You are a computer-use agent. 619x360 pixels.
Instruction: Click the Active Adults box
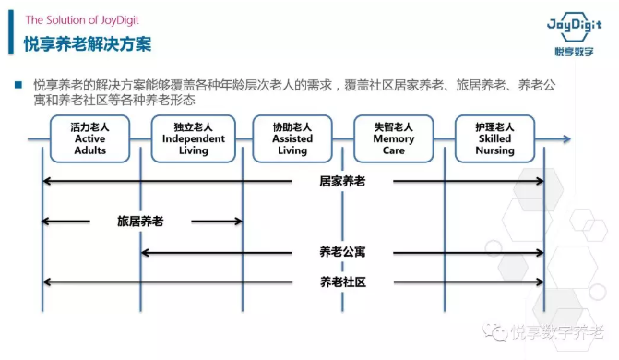coord(90,138)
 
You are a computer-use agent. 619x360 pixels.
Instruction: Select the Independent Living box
coord(193,138)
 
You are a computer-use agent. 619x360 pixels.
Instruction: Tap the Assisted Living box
coord(292,138)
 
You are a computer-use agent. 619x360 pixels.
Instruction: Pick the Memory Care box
coord(394,138)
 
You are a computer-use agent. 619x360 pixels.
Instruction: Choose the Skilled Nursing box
coord(495,138)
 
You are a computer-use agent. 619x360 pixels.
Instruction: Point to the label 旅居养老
coord(140,222)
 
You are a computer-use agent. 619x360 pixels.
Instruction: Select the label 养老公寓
coord(342,252)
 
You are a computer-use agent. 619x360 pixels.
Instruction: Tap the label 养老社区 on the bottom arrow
coord(342,282)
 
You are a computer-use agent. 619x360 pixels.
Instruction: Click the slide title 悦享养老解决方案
coord(89,43)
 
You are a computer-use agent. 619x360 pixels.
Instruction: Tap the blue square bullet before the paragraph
coord(18,85)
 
